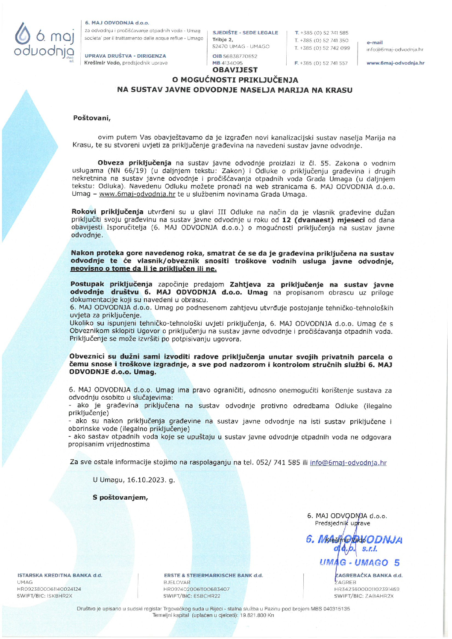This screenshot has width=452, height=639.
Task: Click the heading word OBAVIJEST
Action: tap(235, 70)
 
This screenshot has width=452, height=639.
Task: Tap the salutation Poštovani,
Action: tap(92, 118)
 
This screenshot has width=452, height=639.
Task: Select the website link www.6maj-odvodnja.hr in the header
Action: tap(395, 63)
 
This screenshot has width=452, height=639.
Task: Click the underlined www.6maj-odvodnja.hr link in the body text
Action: tap(137, 194)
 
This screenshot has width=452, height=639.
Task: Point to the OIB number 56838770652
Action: tap(241, 56)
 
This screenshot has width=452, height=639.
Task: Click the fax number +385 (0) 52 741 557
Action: tap(324, 63)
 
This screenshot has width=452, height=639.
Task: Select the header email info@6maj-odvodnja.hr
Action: tap(395, 50)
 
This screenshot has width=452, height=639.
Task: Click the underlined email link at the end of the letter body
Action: tap(348, 462)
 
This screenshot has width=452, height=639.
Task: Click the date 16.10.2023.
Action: tap(145, 480)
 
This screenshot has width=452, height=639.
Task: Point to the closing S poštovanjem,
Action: tap(120, 498)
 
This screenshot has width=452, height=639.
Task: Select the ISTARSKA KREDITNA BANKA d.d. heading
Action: tap(60, 575)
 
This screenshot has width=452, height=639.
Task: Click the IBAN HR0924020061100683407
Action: tap(197, 589)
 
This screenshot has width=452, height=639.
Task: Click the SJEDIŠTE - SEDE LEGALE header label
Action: tap(245, 33)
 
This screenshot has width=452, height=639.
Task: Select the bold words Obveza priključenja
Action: tap(134, 163)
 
